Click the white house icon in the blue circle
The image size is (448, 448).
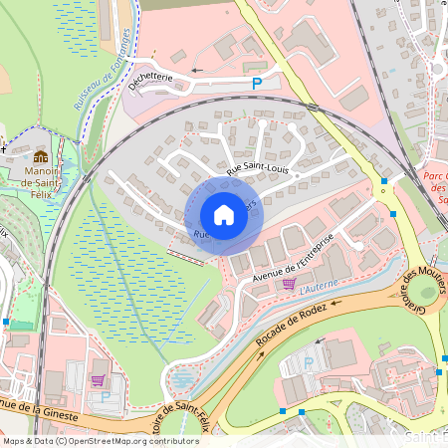[224, 215]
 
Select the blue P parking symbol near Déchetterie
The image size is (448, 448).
[257, 85]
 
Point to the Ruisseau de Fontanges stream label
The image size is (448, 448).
[103, 69]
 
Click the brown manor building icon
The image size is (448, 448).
[41, 156]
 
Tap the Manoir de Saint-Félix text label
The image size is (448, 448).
[42, 180]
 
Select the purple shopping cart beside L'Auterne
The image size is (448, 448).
[289, 284]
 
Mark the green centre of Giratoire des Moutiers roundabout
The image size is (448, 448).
[427, 293]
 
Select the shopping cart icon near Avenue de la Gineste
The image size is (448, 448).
[98, 379]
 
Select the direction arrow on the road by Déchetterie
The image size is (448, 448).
[195, 71]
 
